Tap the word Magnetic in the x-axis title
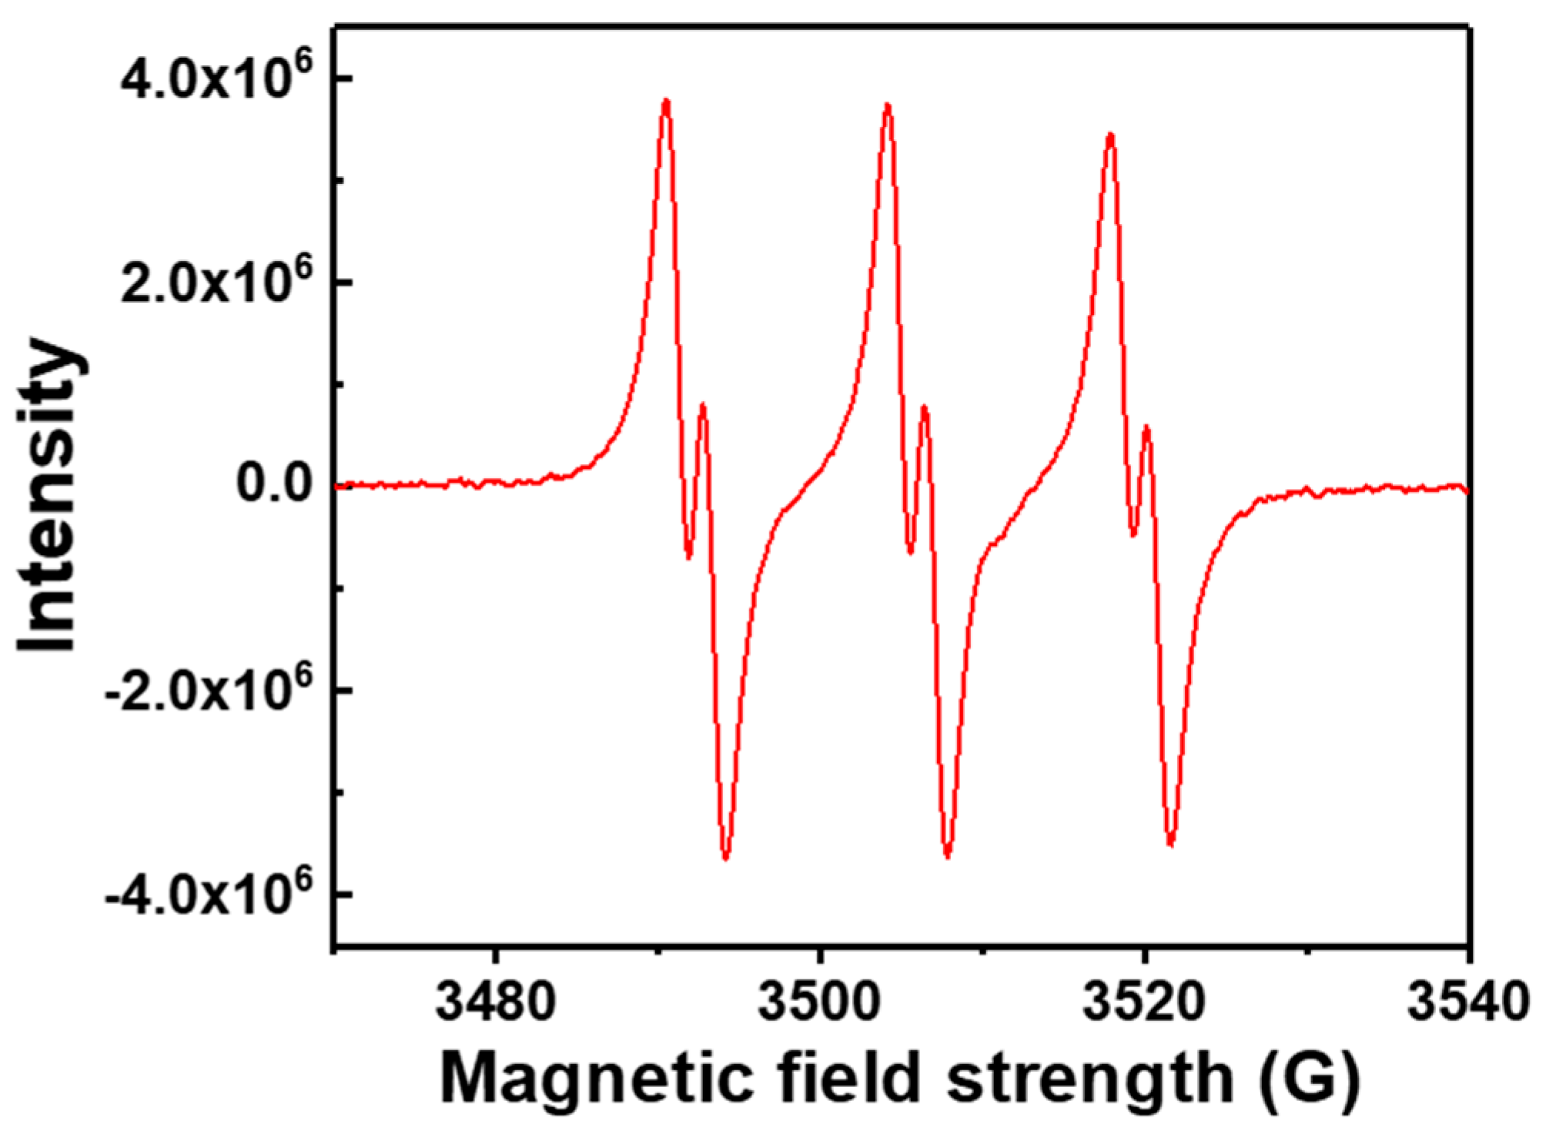click(x=596, y=1080)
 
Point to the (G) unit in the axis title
click(x=1310, y=1080)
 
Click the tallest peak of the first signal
click(x=666, y=101)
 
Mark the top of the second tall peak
click(x=888, y=105)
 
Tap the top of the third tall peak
click(x=1110, y=136)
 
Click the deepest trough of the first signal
click(x=726, y=857)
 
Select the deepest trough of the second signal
click(x=948, y=855)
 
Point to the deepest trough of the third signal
click(x=1171, y=844)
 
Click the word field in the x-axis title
click(x=851, y=1080)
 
